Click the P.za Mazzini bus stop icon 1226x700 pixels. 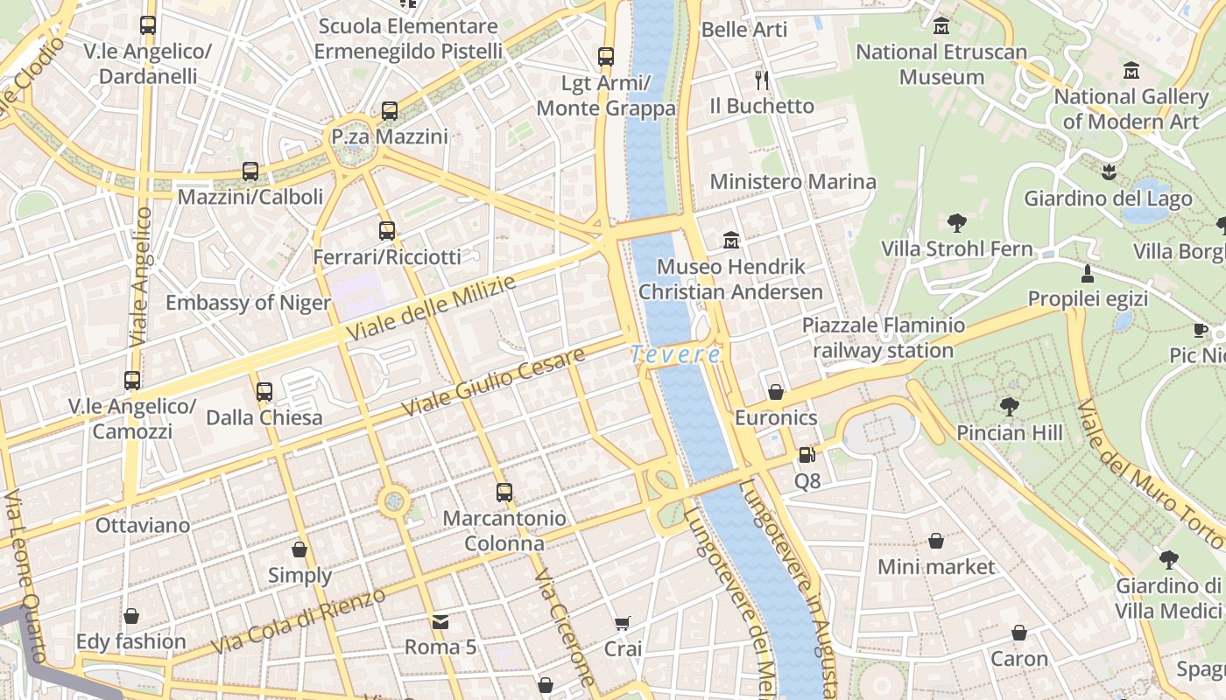coord(390,111)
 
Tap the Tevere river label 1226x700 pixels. coord(675,354)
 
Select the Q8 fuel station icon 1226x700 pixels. coord(807,454)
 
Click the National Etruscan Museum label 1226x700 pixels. coord(941,64)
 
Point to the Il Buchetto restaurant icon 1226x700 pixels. coord(762,80)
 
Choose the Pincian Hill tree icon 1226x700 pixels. coord(1009,407)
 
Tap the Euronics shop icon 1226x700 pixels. coord(775,391)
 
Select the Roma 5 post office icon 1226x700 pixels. coord(440,622)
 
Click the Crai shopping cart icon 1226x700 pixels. coord(623,624)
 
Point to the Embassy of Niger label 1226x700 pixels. coord(248,303)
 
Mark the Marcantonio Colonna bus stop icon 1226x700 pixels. coord(504,492)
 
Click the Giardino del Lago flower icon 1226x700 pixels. coord(1109,172)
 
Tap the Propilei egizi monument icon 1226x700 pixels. coord(1087,273)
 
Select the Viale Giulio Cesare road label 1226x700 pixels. coord(492,382)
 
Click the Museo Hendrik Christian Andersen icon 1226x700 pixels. coord(730,240)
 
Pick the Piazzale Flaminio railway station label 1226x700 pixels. coord(884,338)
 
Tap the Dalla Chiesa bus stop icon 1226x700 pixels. coord(264,391)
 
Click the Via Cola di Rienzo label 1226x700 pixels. coord(299,622)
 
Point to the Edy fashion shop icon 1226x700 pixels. coord(130,616)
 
